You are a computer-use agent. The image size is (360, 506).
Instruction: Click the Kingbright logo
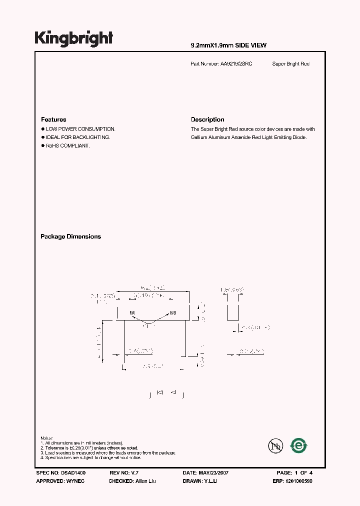tap(73, 38)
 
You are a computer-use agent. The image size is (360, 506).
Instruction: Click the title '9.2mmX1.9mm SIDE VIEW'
tap(228, 45)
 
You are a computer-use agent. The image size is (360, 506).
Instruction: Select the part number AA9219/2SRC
tap(236, 64)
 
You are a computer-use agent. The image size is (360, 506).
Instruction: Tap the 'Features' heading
tap(53, 119)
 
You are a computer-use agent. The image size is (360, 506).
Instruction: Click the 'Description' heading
tap(207, 119)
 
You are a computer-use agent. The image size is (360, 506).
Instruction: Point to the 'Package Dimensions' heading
tap(70, 236)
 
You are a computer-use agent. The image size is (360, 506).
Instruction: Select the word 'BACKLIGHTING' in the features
tap(94, 137)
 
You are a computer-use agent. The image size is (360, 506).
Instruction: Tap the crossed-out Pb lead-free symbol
tap(274, 445)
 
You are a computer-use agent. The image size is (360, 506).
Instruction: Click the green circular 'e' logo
tap(299, 445)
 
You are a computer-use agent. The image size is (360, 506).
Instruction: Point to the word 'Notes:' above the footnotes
tap(46, 438)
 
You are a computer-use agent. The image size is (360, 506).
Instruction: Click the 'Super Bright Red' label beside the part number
tap(291, 64)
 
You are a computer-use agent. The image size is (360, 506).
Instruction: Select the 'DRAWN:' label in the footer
tap(193, 481)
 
